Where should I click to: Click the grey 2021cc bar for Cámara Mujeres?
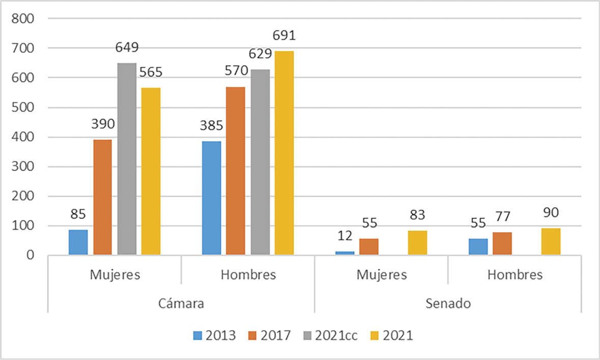127,159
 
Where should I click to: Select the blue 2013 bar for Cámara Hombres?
211,198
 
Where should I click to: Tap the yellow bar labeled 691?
284,153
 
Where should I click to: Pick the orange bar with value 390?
102,197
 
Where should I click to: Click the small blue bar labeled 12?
345,253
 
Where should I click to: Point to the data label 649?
126,48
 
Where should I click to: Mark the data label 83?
418,215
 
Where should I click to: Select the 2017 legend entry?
270,336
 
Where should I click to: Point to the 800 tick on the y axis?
23,19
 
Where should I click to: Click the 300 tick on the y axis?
23,167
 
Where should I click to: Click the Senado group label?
448,304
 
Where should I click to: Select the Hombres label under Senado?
514,275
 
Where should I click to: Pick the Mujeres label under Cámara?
115,275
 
